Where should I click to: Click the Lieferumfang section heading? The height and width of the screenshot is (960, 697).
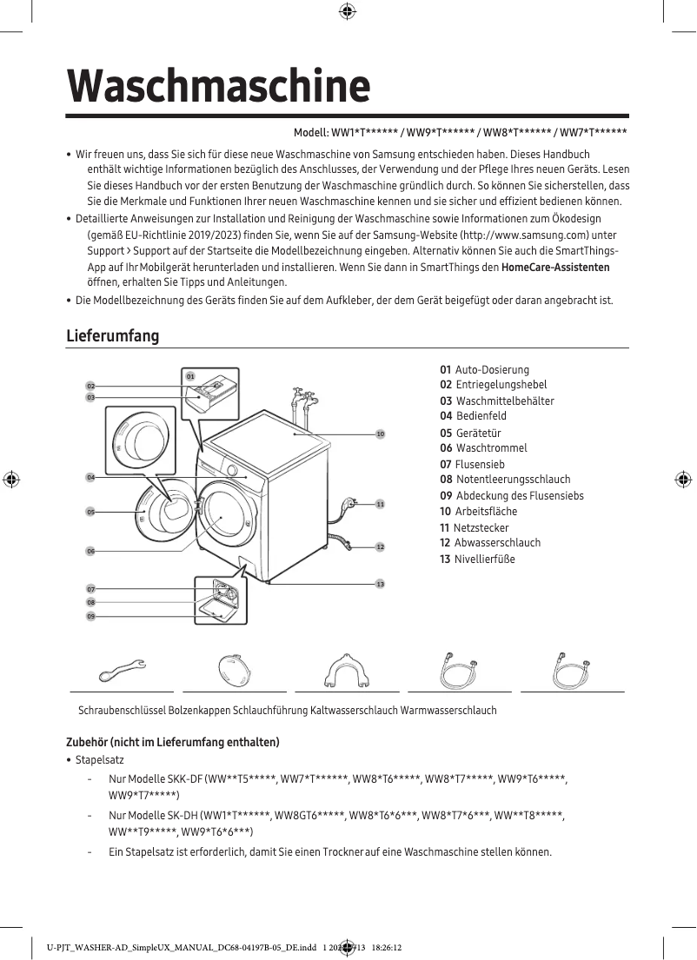(x=113, y=335)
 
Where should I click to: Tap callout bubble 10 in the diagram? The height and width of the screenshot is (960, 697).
(x=380, y=433)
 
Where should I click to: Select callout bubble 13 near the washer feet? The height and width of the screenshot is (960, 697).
(x=380, y=584)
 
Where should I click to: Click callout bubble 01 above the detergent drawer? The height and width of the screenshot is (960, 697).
(x=189, y=376)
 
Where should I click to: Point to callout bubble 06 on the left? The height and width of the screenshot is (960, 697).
(x=90, y=551)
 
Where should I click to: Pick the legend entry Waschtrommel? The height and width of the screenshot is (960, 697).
(x=483, y=448)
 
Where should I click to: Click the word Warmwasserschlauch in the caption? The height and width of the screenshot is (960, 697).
(x=448, y=711)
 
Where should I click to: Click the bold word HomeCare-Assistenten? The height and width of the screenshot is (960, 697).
(x=555, y=268)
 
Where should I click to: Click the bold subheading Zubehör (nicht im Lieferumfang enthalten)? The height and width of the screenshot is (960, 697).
(x=173, y=742)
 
